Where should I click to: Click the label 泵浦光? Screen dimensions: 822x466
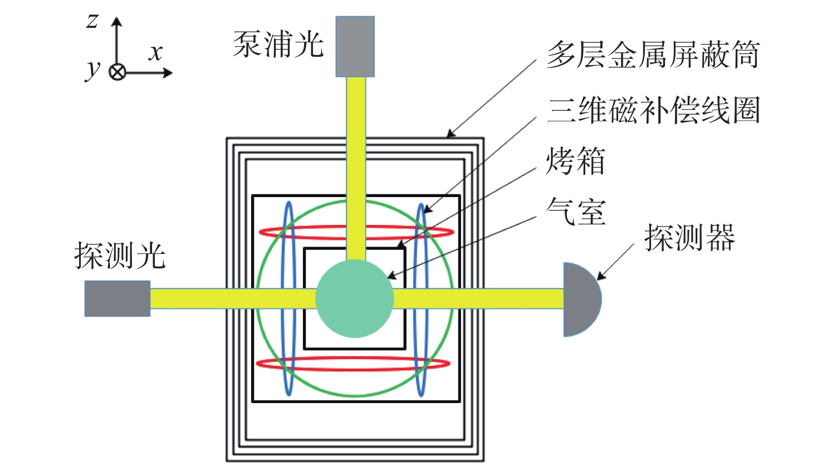pos(278,44)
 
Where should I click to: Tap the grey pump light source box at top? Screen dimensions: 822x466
pos(355,46)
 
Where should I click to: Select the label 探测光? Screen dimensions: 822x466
pos(120,256)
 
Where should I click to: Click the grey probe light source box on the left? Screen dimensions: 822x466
pos(118,298)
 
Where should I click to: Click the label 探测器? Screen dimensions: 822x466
pos(690,238)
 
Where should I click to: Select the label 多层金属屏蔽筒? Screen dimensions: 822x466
pos(653,55)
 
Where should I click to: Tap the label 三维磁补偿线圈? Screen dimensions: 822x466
pos(654,110)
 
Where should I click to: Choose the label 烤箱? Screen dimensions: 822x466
pos(575,161)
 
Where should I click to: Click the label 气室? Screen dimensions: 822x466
pos(575,212)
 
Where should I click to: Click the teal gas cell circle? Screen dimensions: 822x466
pos(355,298)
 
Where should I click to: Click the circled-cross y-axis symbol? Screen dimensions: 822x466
pos(118,72)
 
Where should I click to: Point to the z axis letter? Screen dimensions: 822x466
pos(92,21)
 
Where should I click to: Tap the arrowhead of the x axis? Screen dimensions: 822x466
pos(168,72)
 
